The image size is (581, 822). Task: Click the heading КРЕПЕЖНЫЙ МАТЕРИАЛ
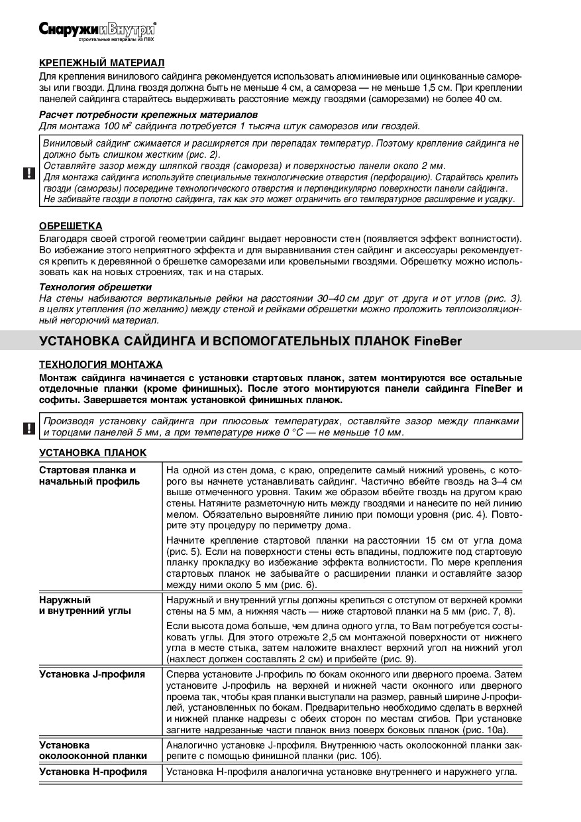101,63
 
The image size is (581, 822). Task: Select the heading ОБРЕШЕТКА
71,226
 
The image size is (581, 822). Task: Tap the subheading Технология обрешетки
95,287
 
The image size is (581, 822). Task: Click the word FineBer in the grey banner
438,341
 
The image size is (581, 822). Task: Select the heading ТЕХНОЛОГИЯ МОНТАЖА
101,365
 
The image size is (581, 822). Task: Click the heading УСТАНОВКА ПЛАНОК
93,452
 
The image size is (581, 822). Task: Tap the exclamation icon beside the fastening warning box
30,174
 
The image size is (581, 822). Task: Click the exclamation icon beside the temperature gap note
30,428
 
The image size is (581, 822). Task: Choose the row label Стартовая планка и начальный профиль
89,475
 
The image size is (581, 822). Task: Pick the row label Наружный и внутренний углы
85,605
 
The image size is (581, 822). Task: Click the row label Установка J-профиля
92,674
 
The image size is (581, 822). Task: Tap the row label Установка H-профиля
93,772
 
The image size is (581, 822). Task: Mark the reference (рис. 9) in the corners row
396,660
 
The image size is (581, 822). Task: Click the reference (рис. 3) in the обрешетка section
503,299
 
